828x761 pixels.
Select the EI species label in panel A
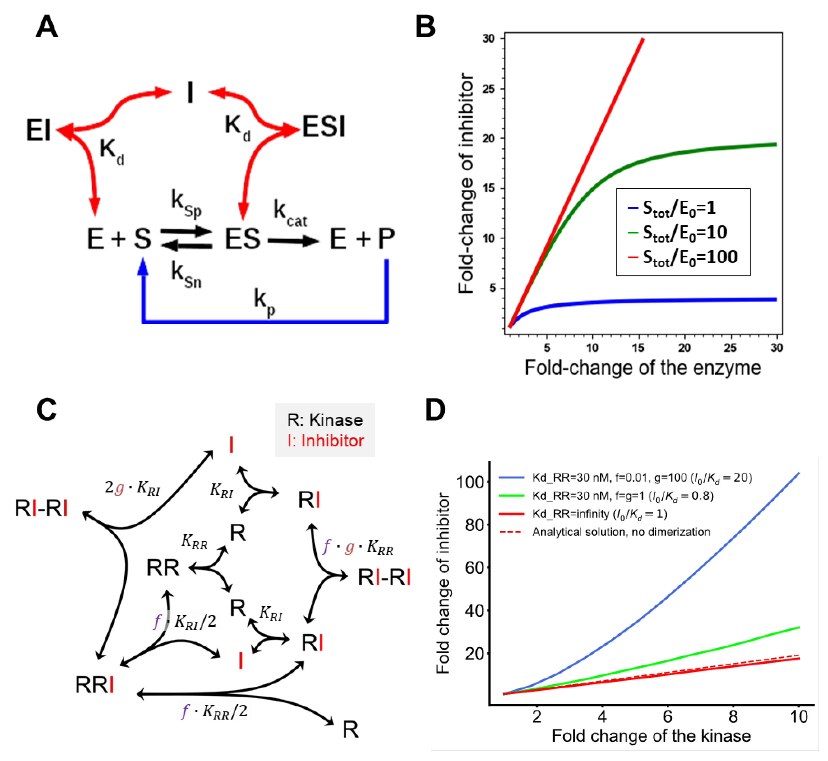(x=38, y=130)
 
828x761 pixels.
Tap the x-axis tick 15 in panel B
(x=638, y=348)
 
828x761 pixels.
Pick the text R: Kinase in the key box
(x=325, y=420)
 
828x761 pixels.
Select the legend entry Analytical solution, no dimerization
(x=621, y=532)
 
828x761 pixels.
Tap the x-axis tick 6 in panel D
(x=667, y=717)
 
